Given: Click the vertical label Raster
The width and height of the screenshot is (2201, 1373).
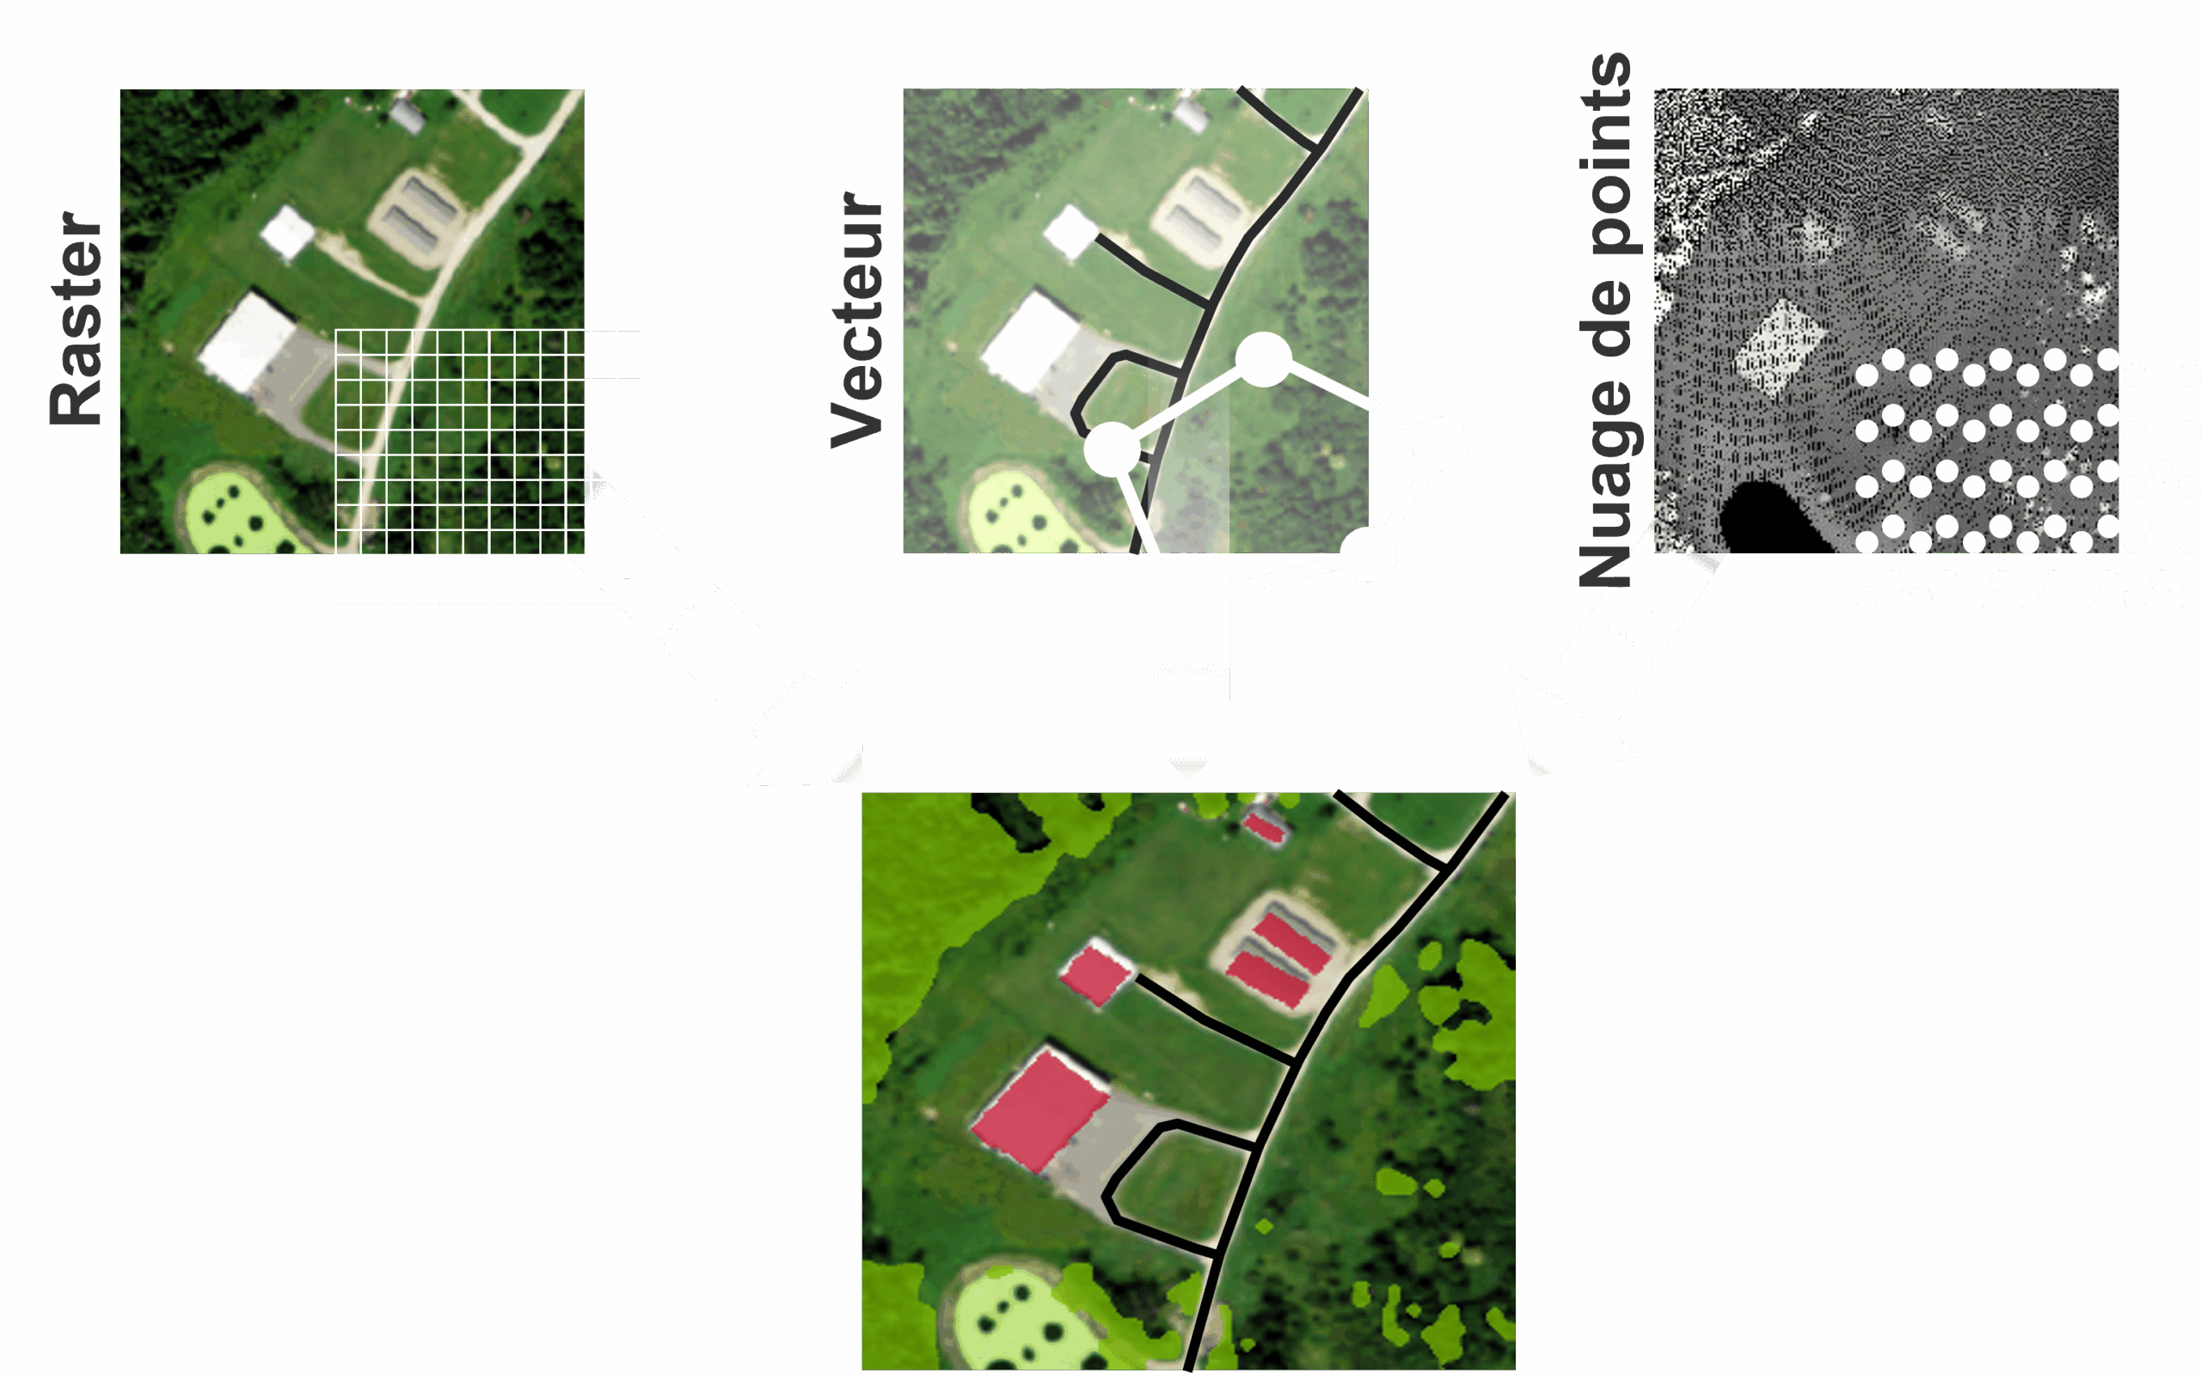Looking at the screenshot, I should pyautogui.click(x=77, y=318).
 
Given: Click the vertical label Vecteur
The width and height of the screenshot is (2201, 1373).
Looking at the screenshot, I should pyautogui.click(x=856, y=320).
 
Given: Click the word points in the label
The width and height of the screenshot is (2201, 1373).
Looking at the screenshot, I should pyautogui.click(x=1605, y=155).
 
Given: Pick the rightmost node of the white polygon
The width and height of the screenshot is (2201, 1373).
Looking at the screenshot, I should pyautogui.click(x=1440, y=443).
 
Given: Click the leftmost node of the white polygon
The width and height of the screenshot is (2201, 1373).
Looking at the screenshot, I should pyautogui.click(x=1112, y=449).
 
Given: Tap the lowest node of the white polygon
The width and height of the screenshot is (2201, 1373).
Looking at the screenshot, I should pyautogui.click(x=1368, y=553).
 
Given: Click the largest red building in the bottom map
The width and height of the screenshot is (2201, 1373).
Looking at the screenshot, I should pyautogui.click(x=1039, y=1108).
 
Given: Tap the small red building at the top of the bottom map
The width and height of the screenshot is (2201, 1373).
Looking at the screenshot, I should pyautogui.click(x=1264, y=827).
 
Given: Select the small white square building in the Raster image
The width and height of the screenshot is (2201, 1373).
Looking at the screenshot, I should pyautogui.click(x=287, y=232).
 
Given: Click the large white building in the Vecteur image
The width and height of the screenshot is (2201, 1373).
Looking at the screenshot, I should pyautogui.click(x=1030, y=341).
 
